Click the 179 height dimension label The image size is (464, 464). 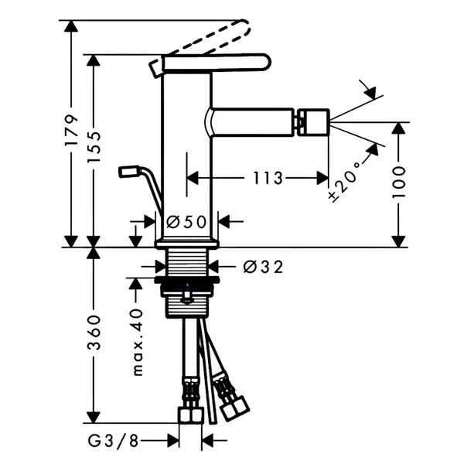[x=72, y=130]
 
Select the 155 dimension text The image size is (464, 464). [x=94, y=147]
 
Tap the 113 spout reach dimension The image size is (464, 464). [x=268, y=178]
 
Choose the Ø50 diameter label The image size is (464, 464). [x=186, y=222]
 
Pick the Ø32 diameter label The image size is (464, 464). [x=263, y=267]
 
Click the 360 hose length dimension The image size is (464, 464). [x=94, y=333]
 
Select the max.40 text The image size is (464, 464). [x=138, y=343]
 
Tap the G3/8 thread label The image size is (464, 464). [x=114, y=441]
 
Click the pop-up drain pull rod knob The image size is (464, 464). [x=129, y=172]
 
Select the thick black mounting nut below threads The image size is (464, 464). [x=186, y=280]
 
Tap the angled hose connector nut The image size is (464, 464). [x=234, y=408]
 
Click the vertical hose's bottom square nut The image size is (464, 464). [x=191, y=415]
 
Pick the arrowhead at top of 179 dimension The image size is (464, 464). [x=71, y=26]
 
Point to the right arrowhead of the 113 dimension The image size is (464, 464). [x=322, y=178]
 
